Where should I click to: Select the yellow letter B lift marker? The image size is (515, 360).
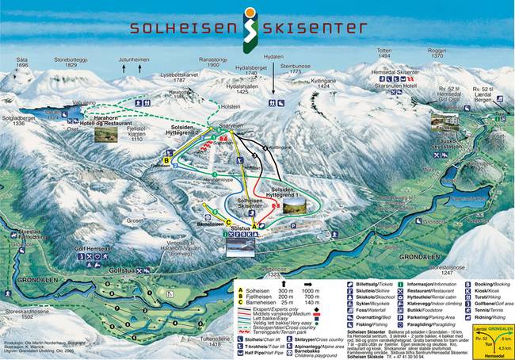click(x=166, y=160)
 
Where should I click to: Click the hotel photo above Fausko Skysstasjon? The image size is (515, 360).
click(x=443, y=123)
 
